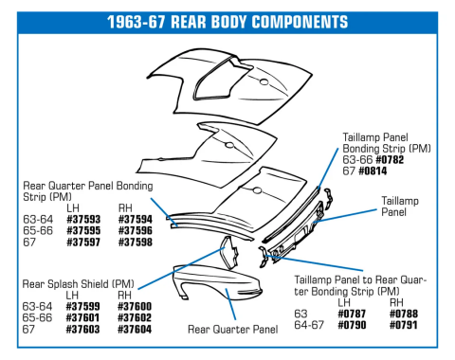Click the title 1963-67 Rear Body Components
tap(227, 20)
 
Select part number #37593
tap(83, 219)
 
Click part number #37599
tap(83, 306)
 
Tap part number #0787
tap(355, 312)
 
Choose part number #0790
tap(355, 323)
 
